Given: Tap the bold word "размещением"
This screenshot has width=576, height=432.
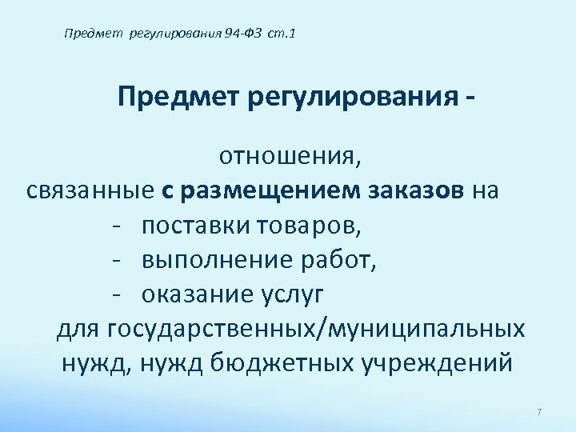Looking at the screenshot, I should point(271,191).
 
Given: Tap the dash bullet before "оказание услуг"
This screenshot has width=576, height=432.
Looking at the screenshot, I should point(117,294).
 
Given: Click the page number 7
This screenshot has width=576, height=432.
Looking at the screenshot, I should point(539,412).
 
